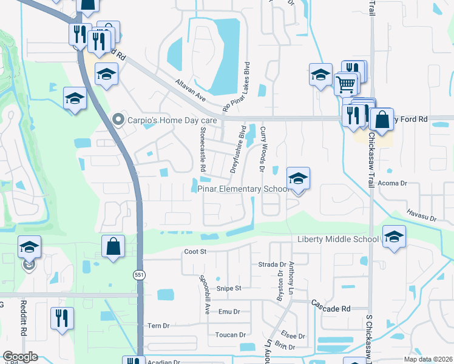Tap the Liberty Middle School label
point(338,239)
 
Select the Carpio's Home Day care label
point(163,120)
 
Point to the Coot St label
point(195,251)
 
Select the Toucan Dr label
point(230,335)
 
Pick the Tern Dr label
point(158,326)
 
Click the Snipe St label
point(229,288)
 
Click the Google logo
point(21,357)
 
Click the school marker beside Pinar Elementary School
point(298,179)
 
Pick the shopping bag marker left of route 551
point(113,247)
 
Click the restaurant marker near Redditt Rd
point(62,318)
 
